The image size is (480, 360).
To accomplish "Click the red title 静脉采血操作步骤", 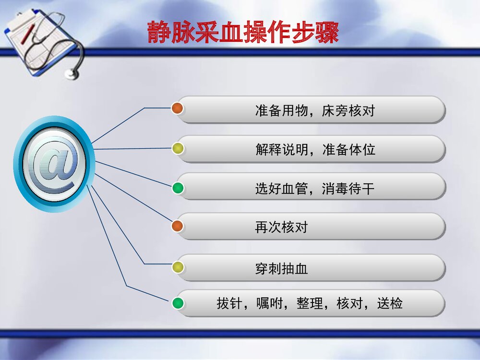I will click(243, 33).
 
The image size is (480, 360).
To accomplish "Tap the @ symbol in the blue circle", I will click(54, 164).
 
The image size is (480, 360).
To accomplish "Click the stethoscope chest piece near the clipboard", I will click(72, 73).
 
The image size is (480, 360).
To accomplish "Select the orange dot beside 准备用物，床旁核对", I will click(178, 108).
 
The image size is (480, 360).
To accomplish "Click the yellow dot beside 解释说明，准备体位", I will click(178, 148).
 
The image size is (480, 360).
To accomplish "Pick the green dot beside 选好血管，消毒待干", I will click(178, 188).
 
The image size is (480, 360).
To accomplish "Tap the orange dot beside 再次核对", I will click(178, 226).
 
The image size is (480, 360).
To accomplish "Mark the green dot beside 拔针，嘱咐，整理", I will click(178, 303).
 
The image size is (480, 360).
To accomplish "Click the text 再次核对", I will click(281, 227).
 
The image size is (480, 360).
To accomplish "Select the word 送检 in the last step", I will click(390, 304).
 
